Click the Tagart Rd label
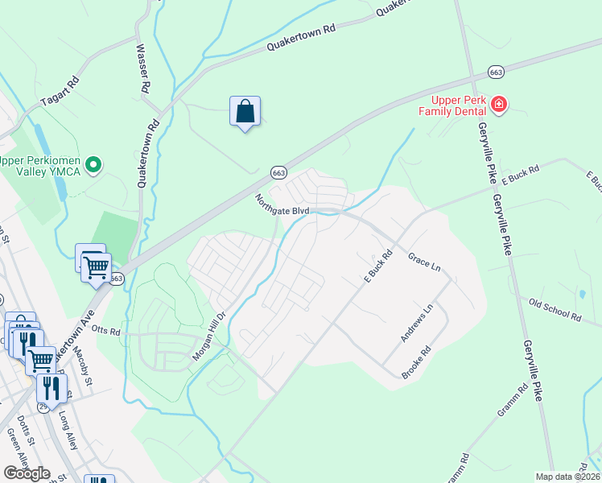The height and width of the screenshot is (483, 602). (x=60, y=93)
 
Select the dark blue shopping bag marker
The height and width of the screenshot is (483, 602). (x=245, y=112)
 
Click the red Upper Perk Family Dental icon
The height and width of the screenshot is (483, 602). (x=499, y=105)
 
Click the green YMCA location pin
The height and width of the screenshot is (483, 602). (x=94, y=166)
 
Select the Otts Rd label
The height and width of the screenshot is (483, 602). (x=105, y=331)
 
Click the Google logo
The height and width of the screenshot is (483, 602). (x=27, y=473)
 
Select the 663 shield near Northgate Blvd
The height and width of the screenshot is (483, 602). (x=278, y=173)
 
